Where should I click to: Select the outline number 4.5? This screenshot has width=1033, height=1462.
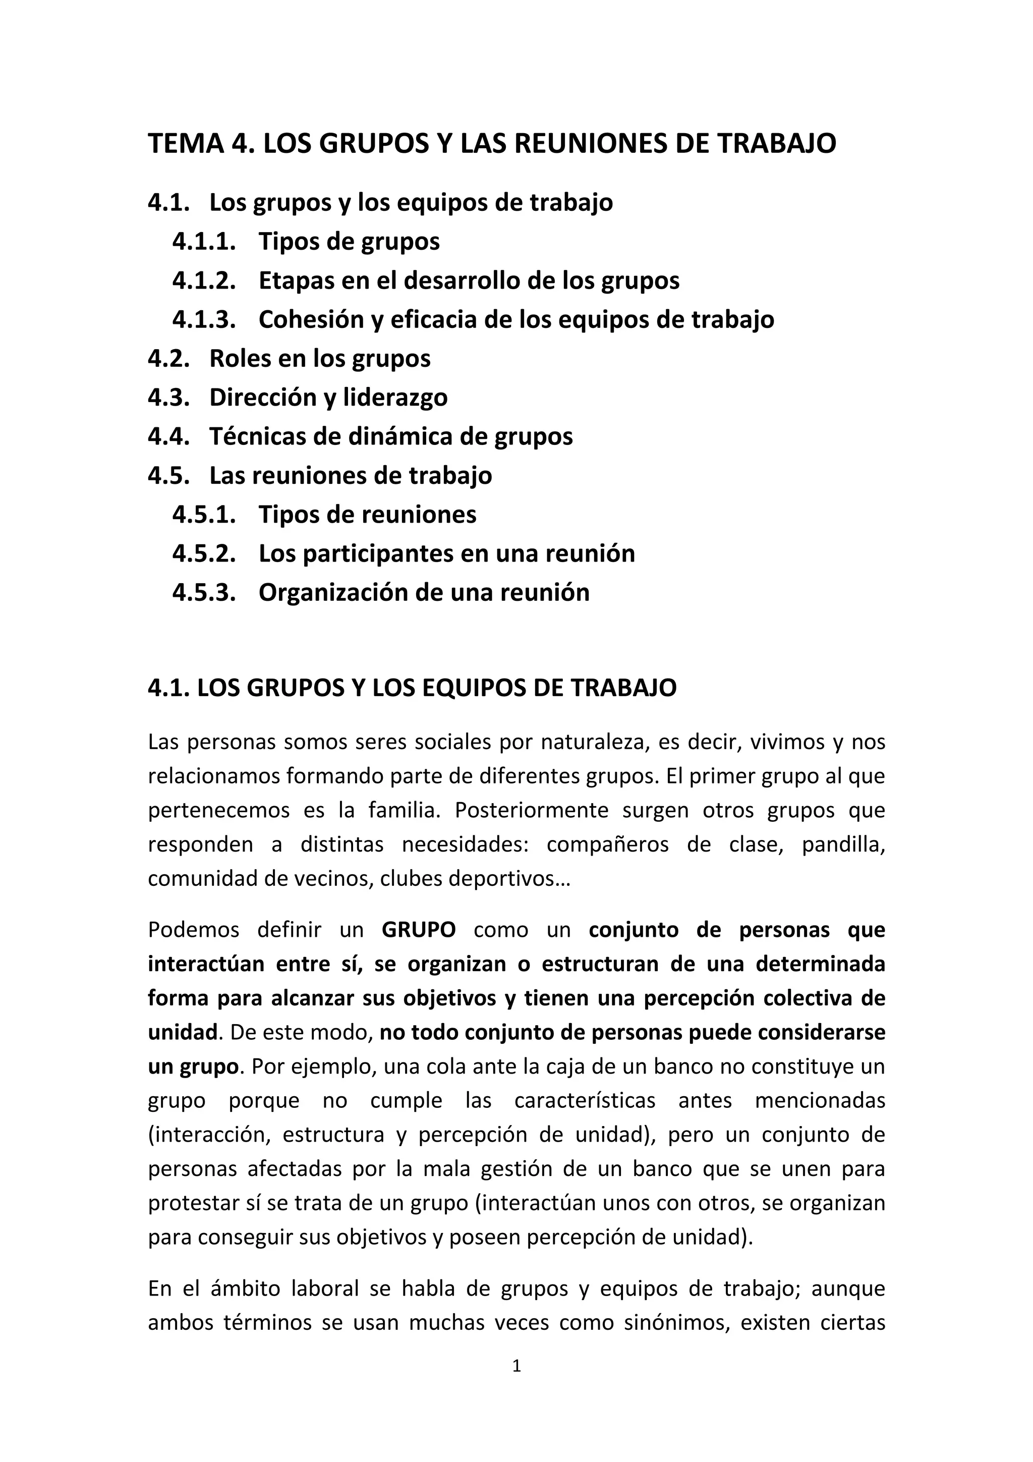[168, 476]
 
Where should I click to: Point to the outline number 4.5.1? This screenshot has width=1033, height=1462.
[204, 515]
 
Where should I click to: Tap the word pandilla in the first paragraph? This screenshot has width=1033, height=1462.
[843, 845]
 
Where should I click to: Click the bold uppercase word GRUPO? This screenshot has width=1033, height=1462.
[419, 930]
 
